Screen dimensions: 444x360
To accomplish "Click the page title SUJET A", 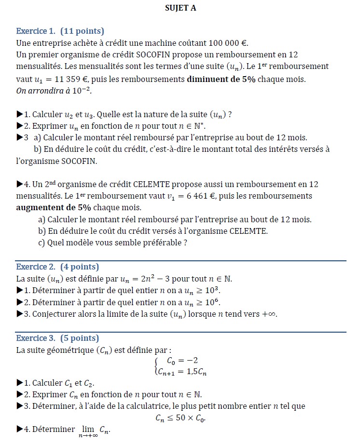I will (x=180, y=8).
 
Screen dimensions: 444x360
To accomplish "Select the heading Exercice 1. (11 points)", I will (x=60, y=31).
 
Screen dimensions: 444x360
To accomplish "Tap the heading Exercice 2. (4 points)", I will (x=57, y=267).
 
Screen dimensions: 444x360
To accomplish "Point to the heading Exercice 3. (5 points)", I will (x=57, y=338).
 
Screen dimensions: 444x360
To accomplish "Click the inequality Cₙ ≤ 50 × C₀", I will (x=180, y=417).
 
